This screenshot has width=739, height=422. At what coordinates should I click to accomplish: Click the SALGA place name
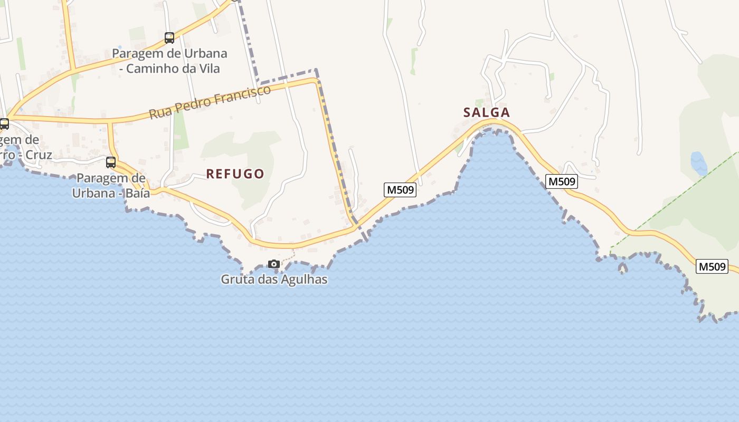tap(486, 112)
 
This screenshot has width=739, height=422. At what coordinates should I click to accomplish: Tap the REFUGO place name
tap(235, 174)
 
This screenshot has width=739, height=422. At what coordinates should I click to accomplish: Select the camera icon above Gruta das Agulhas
tap(273, 264)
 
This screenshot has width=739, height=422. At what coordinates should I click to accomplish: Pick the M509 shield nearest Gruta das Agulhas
tap(400, 190)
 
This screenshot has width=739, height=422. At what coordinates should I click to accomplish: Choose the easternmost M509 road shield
tap(712, 266)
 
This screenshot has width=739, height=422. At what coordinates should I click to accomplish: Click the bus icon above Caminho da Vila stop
tap(169, 38)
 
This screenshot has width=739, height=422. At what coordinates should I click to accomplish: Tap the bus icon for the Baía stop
tap(111, 162)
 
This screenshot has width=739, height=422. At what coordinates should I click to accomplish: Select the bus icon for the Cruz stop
tap(4, 124)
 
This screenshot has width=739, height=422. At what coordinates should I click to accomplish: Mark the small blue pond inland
tap(698, 163)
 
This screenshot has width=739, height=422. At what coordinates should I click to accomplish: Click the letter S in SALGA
tap(467, 112)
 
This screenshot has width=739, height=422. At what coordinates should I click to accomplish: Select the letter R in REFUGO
tap(210, 174)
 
